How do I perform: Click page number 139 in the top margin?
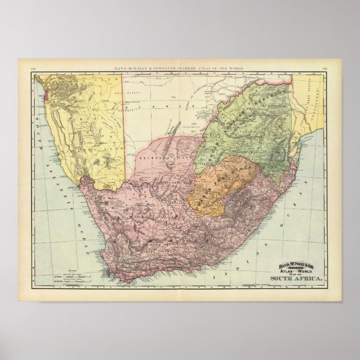(325, 69)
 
